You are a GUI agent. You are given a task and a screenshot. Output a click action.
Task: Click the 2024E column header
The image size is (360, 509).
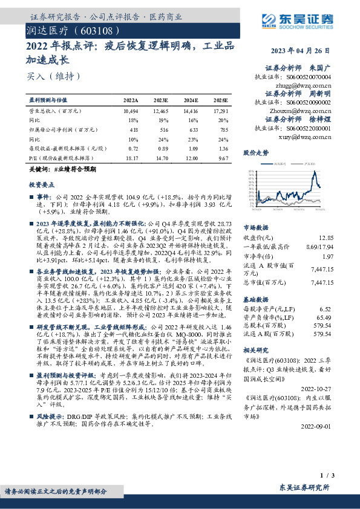point(191,99)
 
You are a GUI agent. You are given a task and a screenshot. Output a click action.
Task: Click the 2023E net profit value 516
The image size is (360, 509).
point(162,129)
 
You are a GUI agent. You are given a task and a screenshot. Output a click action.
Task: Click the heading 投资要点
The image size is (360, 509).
point(42,185)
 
